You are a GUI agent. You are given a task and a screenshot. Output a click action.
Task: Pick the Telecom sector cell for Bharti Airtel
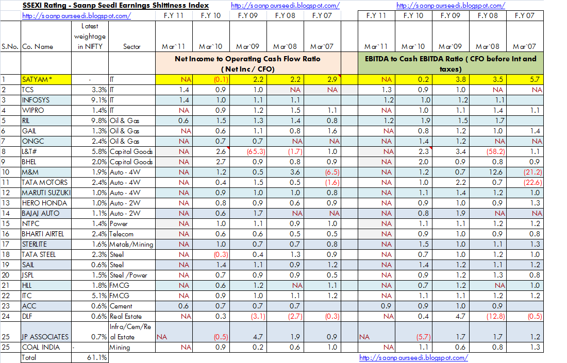point(122,234)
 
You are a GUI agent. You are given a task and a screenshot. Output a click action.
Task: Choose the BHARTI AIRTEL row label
point(43,234)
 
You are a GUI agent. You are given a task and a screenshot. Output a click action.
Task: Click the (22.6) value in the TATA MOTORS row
point(527,182)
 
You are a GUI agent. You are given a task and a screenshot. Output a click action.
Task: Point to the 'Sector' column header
point(132,46)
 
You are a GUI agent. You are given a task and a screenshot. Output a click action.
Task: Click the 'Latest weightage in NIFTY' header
point(90,36)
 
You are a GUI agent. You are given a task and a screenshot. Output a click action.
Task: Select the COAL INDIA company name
point(41,347)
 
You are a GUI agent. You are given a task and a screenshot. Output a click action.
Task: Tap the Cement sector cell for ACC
point(122,306)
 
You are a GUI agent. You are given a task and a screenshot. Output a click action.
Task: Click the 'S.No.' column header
point(10,46)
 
